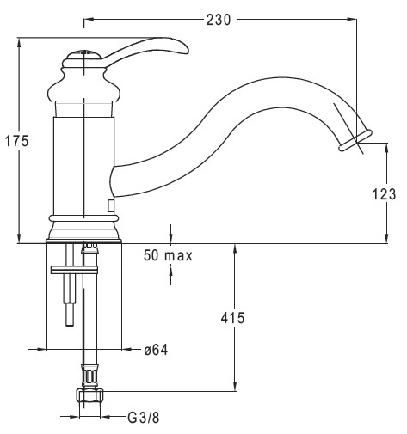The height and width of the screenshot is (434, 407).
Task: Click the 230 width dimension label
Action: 219,20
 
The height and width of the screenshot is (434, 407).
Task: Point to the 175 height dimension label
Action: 17,141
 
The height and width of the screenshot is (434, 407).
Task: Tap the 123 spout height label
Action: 384,194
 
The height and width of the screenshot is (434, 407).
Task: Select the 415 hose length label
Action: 232,318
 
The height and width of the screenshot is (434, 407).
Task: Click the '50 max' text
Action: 168,255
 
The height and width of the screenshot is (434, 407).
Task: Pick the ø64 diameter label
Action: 156,350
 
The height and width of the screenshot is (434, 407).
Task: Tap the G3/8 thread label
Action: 144,418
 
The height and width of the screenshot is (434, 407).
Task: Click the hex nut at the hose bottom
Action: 89,395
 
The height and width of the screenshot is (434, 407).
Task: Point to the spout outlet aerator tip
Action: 355,140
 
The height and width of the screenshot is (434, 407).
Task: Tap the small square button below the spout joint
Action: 110,206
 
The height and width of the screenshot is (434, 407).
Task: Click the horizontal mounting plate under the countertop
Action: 74,270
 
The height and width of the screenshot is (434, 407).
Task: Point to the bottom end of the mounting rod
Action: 70,324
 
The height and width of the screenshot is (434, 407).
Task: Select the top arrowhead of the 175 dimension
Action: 19,43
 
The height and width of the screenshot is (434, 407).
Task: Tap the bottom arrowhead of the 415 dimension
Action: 235,386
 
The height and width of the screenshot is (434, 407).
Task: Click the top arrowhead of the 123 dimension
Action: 386,148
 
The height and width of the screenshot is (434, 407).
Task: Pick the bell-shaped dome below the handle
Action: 83,85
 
